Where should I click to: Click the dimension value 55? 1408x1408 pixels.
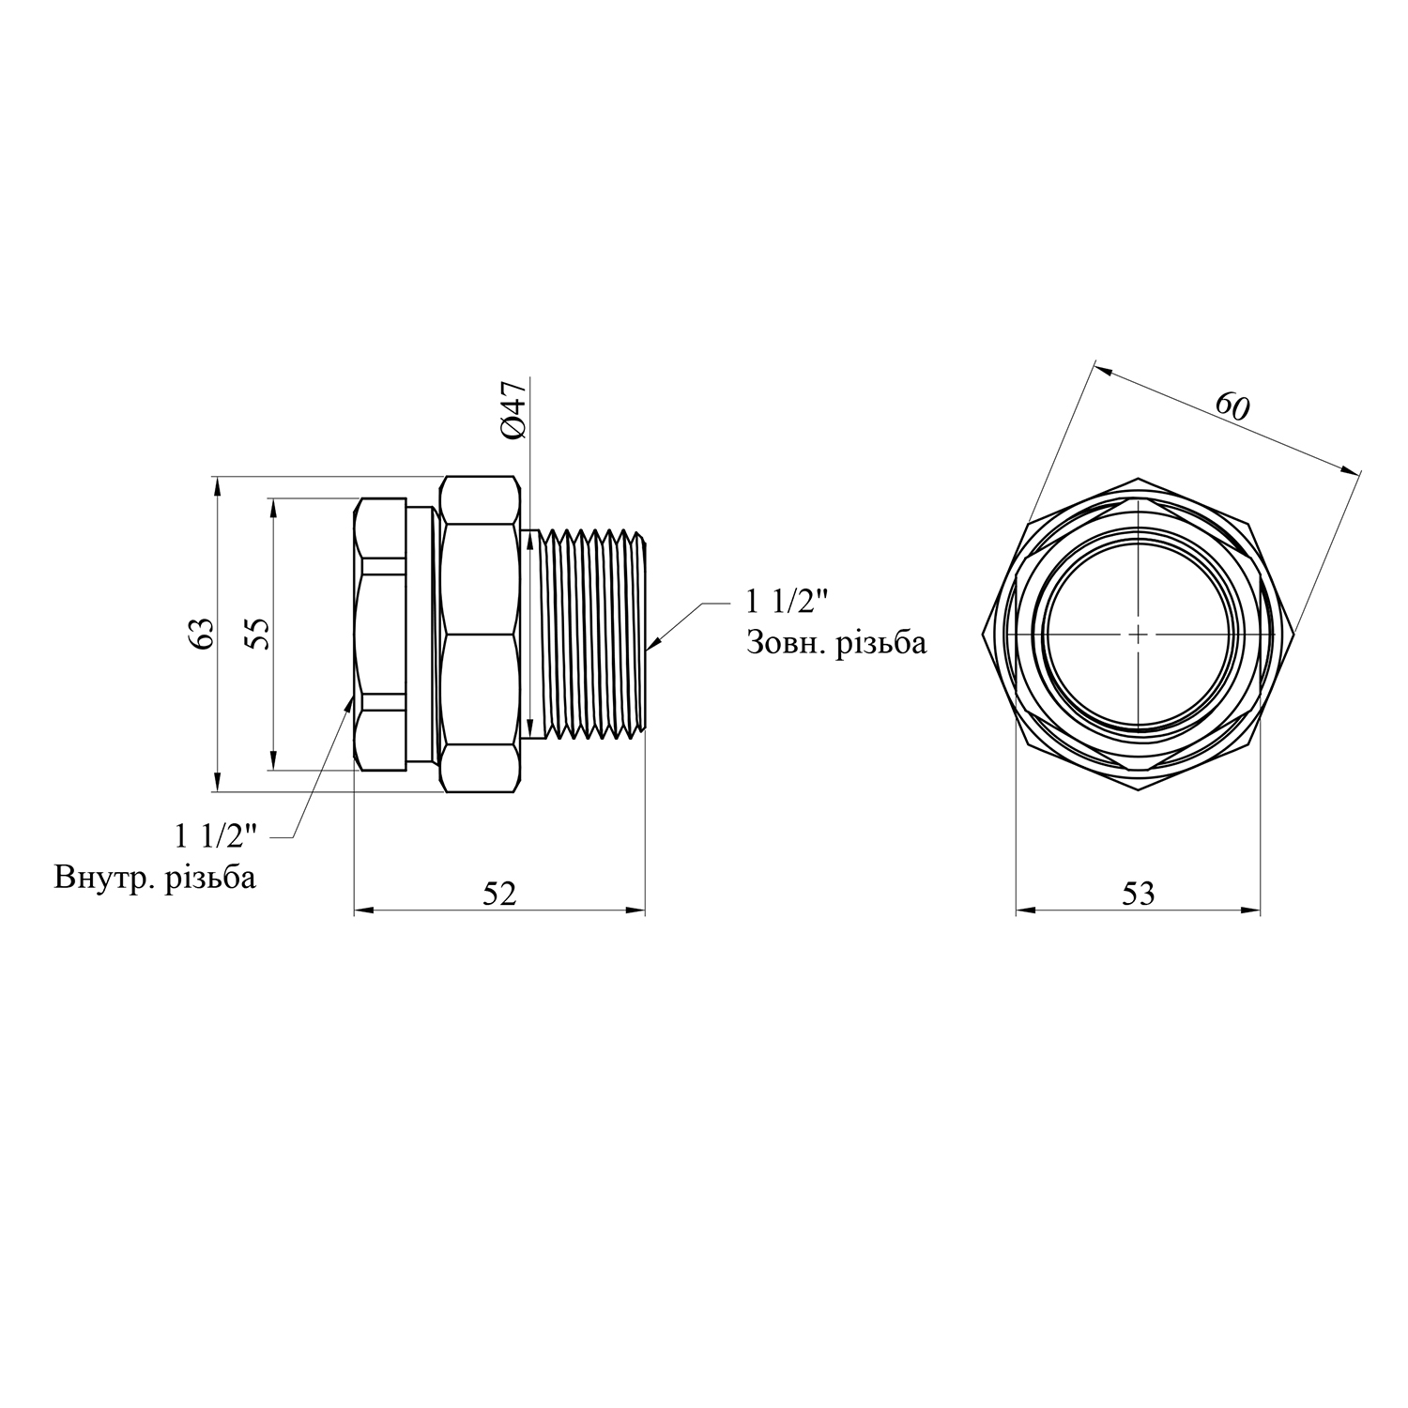(x=258, y=635)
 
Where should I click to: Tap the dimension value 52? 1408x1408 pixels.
(x=499, y=894)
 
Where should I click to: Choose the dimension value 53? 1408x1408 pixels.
(x=1138, y=894)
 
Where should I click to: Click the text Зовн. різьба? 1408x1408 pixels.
(x=836, y=643)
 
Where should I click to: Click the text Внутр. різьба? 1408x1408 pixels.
(x=155, y=879)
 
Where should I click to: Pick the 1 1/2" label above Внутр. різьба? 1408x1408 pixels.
(x=216, y=834)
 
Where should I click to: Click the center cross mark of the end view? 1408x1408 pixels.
(x=1138, y=635)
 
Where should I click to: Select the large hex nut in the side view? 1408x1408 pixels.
(x=480, y=635)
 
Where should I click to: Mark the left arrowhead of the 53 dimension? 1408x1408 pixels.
(x=1027, y=910)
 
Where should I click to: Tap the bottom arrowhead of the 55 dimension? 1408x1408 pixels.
(x=273, y=759)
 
